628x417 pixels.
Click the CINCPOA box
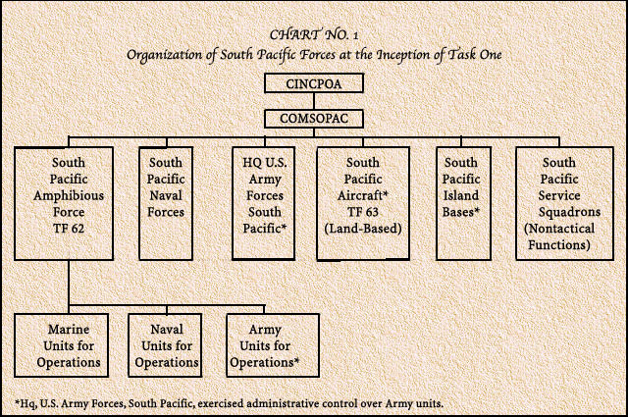[314, 83]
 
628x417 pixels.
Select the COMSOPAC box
[314, 119]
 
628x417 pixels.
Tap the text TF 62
[69, 229]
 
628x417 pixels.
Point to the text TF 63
[363, 212]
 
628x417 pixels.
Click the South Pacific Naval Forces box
[166, 203]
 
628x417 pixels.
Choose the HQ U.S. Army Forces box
[264, 203]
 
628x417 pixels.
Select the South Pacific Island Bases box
[463, 203]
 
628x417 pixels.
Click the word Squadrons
[569, 212]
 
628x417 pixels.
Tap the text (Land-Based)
[363, 229]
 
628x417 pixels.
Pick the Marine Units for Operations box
[61, 345]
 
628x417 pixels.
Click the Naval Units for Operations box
[165, 345]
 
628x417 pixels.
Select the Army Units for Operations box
[273, 345]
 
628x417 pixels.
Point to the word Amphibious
[69, 196]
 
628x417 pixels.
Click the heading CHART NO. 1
[314, 35]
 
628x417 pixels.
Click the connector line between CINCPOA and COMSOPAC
[314, 101]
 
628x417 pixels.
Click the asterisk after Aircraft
[386, 194]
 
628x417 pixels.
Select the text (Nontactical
[559, 229]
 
